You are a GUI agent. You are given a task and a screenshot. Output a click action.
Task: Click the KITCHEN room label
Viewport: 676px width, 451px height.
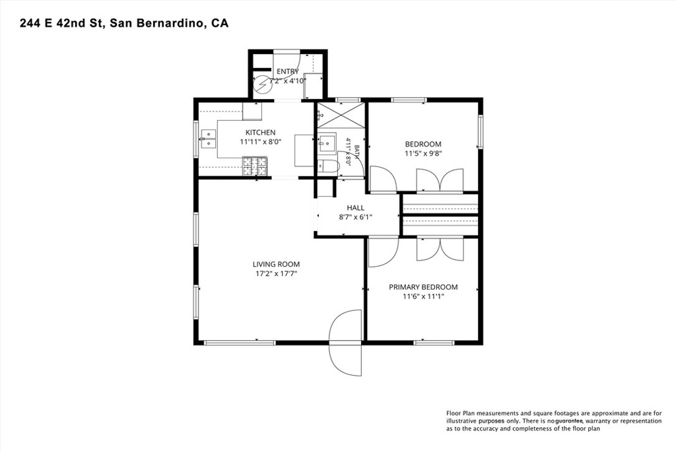pos(260,132)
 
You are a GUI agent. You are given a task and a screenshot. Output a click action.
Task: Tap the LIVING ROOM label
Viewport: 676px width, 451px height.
pos(276,264)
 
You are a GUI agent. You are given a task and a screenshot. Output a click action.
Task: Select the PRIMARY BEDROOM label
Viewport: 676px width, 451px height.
pos(423,287)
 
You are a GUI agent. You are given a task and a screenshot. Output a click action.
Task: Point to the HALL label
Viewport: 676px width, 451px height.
pos(355,208)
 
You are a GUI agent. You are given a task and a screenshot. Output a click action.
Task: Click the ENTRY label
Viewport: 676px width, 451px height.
pos(288,71)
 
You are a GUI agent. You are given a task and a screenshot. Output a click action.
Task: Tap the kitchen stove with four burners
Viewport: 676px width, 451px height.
pos(255,166)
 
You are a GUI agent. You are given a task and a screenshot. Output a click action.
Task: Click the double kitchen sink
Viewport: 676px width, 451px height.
pos(208,139)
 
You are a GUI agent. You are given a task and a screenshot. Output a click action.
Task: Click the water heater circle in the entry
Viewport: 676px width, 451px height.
pos(261,85)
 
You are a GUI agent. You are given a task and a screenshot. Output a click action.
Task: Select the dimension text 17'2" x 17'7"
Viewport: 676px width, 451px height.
pos(276,273)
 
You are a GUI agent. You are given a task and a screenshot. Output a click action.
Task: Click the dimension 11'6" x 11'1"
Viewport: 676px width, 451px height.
pos(423,296)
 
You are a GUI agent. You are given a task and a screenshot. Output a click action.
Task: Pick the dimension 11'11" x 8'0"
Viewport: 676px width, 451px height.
pos(260,141)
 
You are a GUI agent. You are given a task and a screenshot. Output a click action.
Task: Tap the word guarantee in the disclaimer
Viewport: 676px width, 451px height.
pos(569,421)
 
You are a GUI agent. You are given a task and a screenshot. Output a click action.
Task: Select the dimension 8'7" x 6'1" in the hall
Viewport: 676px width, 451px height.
pos(355,217)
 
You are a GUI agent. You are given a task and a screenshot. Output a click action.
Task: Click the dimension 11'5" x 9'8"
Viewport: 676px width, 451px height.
pos(423,153)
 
